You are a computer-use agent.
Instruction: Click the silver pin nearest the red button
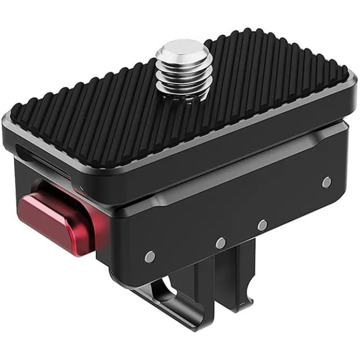pos(150,256)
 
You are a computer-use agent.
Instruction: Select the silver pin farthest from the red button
pos(326,182)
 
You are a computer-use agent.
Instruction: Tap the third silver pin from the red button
pos(262,225)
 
